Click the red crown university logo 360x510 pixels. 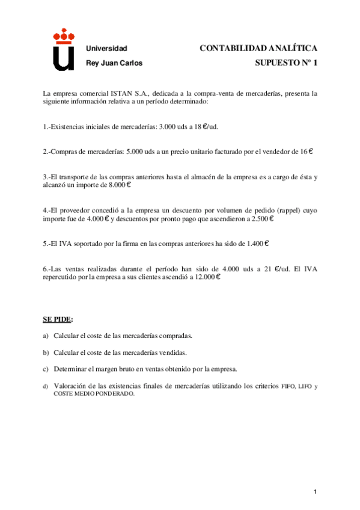(x=63, y=51)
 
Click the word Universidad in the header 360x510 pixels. (x=107, y=48)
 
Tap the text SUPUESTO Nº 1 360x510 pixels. (x=285, y=63)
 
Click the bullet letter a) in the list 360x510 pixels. (x=46, y=335)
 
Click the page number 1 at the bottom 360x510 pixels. (x=315, y=493)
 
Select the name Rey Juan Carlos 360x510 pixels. (x=115, y=63)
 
